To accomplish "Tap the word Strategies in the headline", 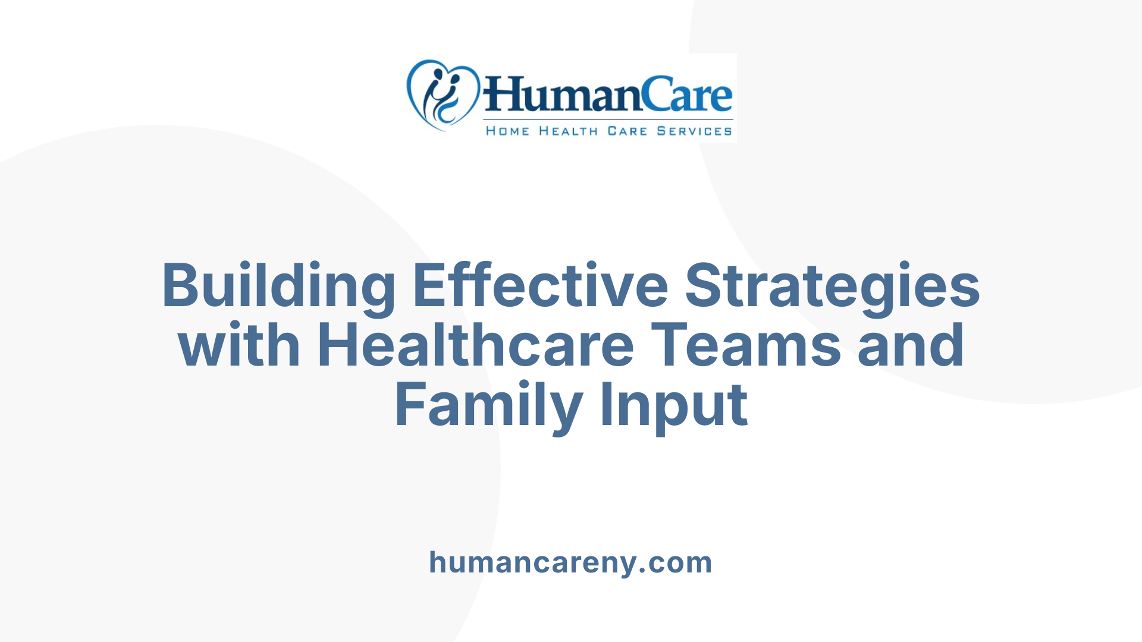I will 832,287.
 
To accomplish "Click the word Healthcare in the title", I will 476,345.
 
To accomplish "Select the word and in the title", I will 911,345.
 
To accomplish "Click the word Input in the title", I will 674,406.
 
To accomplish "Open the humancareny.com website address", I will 570,562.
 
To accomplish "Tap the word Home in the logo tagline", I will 507,131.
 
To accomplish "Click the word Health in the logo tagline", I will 568,131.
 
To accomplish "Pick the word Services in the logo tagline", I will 694,131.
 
